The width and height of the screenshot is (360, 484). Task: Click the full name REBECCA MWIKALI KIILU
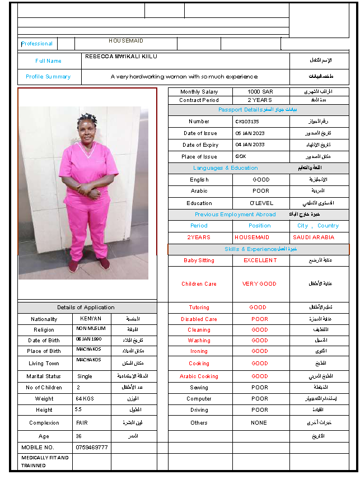tap(121, 57)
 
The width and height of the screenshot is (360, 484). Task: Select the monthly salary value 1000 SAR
tap(260, 91)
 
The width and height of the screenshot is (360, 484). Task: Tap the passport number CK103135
tap(247, 121)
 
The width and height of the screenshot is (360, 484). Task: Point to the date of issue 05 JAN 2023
tap(250, 133)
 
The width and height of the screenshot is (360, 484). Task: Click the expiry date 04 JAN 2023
tap(250, 145)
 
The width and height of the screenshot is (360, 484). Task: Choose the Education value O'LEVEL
tap(261, 203)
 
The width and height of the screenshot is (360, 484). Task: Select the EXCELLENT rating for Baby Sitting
tap(260, 260)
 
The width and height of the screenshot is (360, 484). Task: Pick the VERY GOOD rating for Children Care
tap(259, 284)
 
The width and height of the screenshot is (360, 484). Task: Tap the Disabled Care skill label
tap(199, 319)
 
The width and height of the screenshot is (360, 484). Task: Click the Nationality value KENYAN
tap(91, 319)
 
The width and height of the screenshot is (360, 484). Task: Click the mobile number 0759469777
tap(92, 448)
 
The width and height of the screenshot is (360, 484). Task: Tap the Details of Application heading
tap(86, 308)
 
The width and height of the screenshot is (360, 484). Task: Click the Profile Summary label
tap(48, 77)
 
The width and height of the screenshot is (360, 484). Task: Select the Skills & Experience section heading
tap(250, 249)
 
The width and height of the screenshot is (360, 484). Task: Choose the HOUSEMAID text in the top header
tap(126, 41)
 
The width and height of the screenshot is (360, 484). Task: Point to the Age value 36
tap(79, 436)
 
